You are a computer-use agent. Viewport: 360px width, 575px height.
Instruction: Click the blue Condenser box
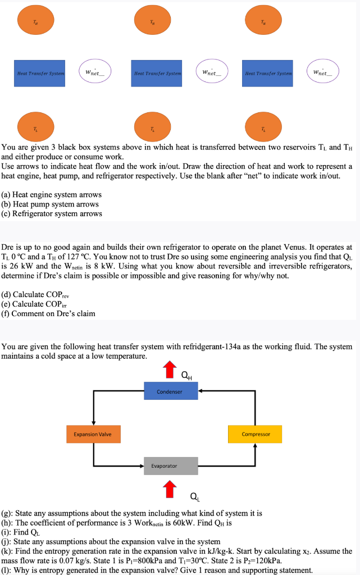pos(171,391)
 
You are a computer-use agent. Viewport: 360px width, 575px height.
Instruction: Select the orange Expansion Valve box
pos(93,434)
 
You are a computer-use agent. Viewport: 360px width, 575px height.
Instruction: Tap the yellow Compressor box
pos(255,434)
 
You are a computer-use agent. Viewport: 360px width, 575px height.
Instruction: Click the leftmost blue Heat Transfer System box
pos(40,73)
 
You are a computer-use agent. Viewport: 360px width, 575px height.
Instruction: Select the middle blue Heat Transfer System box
pos(157,73)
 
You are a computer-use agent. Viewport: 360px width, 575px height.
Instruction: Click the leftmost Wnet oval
pos(94,72)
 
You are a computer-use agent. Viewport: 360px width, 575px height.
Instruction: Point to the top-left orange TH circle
pos(37,22)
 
